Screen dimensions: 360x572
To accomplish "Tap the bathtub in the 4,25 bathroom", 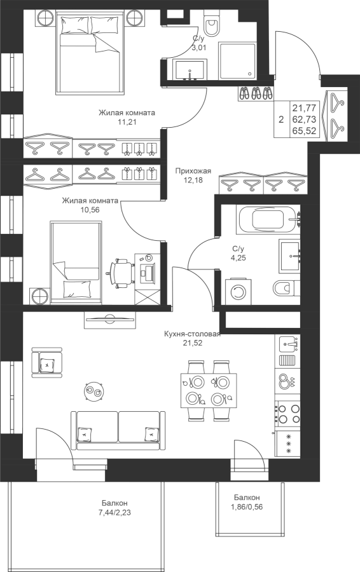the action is point(268,220).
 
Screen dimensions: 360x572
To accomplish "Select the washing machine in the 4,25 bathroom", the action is point(238,292).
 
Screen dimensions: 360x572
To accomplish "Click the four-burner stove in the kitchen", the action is point(287,413).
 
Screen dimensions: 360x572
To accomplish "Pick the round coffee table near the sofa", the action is point(94,391).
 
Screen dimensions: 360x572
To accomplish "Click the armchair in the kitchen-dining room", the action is point(46,363).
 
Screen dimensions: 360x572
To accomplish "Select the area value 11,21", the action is point(127,122).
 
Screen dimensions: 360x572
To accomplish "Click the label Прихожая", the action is point(193,171).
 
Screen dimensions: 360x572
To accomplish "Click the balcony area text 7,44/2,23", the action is point(114,512).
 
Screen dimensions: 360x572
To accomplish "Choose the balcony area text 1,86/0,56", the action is point(247,507).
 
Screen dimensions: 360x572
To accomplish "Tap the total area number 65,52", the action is point(304,131).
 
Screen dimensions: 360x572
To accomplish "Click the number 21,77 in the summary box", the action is point(304,107).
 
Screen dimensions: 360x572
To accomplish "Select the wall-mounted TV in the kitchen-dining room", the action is point(109,320).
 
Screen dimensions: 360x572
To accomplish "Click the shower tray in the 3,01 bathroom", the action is point(237,60).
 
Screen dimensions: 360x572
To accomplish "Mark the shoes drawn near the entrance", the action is point(256,93).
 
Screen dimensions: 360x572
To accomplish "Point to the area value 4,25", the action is point(239,257).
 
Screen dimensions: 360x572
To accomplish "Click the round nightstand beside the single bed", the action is point(39,296).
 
